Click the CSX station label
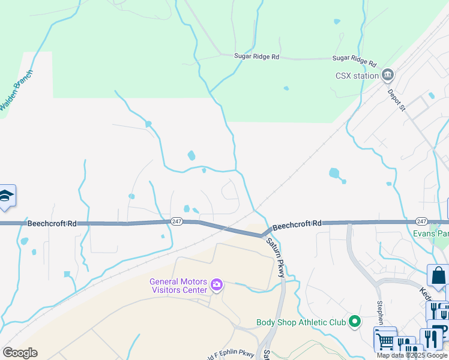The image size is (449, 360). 357,76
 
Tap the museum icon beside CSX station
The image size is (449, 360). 388,75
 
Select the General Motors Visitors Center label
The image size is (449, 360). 178,286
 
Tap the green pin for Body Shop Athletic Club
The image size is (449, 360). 354,322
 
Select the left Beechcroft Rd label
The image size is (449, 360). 52,223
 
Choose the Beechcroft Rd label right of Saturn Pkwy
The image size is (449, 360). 297,224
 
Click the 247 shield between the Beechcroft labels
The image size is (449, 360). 176,221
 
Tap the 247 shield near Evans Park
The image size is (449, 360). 421,221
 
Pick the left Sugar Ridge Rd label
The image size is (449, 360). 257,56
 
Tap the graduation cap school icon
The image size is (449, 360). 7,196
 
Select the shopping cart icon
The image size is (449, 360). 385,340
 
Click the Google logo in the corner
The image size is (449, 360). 20,353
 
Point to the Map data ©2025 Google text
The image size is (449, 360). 412,355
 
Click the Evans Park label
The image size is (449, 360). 431,233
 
